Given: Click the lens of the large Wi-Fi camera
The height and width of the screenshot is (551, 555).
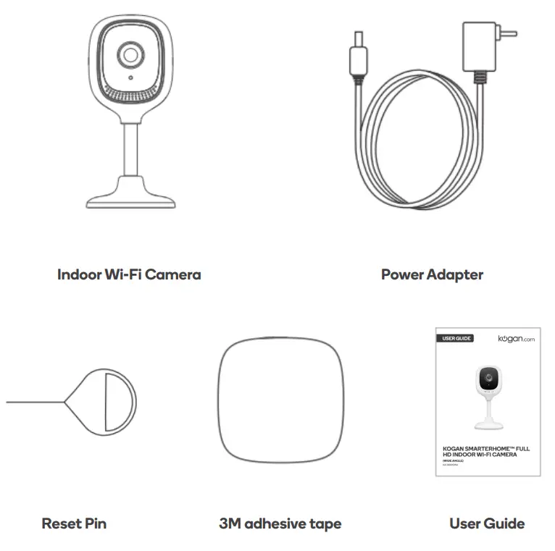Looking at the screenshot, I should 130,55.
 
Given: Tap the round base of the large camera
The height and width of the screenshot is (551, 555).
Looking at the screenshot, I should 130,197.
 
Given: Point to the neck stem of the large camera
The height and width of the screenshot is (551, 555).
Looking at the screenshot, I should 130,148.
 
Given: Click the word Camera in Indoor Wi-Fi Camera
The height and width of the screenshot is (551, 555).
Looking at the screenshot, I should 172,274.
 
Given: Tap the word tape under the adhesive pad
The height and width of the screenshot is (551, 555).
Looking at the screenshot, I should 324,523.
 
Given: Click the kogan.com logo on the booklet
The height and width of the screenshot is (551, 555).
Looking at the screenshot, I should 516,339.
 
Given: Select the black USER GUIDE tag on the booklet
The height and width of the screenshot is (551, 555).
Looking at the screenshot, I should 455,339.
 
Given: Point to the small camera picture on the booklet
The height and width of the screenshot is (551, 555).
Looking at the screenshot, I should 488,395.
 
